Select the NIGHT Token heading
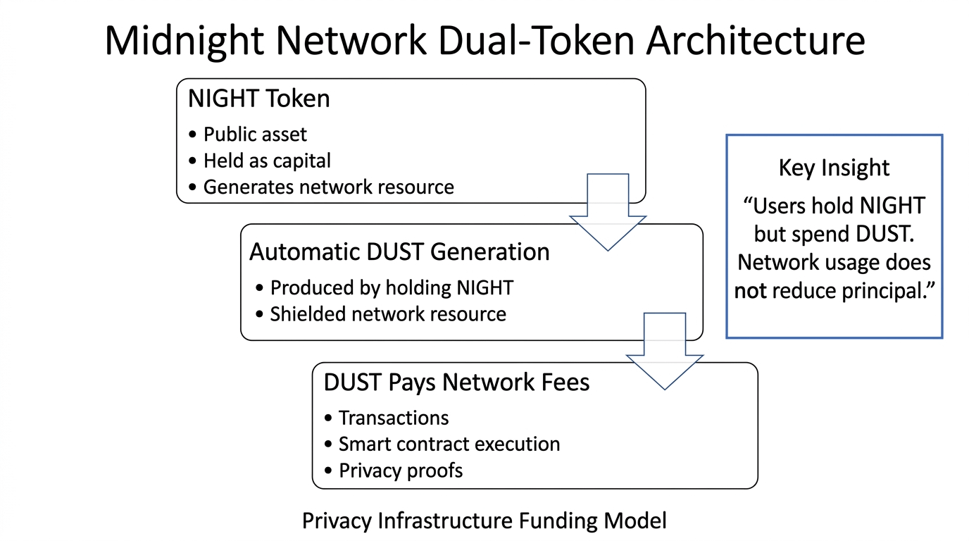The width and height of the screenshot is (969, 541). point(258,99)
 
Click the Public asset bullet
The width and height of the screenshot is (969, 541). point(255,135)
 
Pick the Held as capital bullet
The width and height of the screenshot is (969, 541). point(267,161)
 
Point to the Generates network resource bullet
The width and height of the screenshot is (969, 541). point(328,187)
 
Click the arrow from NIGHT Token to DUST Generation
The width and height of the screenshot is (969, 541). point(607,211)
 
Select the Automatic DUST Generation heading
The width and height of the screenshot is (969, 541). point(399,252)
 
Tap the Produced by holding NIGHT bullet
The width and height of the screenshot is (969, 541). point(392,287)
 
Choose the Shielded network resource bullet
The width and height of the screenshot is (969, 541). point(388,313)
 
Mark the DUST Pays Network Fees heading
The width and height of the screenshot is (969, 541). point(456,382)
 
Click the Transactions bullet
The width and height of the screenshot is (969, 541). point(394,418)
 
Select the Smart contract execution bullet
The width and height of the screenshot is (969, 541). point(449,444)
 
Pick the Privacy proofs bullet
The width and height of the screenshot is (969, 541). point(401,470)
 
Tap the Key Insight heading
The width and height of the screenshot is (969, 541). point(834,168)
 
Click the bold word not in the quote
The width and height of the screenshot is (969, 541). point(751,291)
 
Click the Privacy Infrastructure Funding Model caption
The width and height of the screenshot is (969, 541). point(484,521)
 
